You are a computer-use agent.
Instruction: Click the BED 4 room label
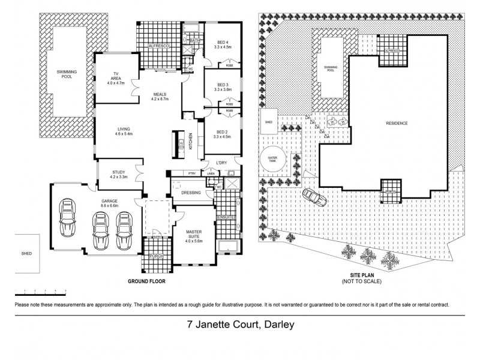(x=223, y=42)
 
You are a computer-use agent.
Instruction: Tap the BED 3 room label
(x=223, y=85)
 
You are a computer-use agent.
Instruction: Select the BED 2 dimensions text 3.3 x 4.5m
(x=223, y=137)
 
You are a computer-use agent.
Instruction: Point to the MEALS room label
(x=159, y=94)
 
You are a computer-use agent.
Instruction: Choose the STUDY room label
(x=118, y=172)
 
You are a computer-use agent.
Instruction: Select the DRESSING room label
(x=191, y=193)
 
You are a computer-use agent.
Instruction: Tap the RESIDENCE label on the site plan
(x=397, y=124)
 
